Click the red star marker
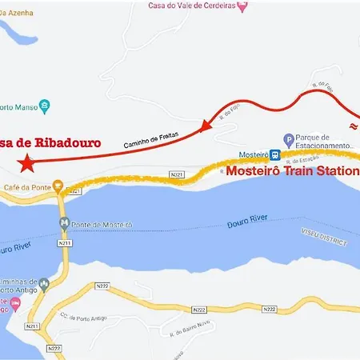pos(27,164)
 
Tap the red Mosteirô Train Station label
pos(293,170)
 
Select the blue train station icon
pos(274,154)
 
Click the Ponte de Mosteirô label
pos(96,223)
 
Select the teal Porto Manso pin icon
pos(45,105)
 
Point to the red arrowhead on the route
pos(206,126)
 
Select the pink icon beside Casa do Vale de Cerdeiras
pos(243,6)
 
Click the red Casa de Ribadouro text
pos(50,143)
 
